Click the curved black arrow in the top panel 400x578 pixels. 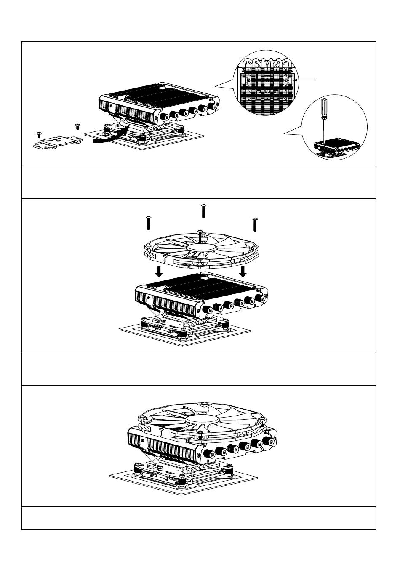(x=110, y=137)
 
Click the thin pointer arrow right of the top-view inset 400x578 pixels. (x=306, y=80)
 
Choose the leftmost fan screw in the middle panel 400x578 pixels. (x=148, y=223)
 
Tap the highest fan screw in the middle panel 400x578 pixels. (x=203, y=210)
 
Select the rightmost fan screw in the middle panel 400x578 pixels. (x=255, y=224)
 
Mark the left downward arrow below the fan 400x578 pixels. (x=159, y=272)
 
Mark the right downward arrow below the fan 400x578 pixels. (x=243, y=272)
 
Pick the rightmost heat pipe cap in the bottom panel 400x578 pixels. (x=267, y=441)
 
